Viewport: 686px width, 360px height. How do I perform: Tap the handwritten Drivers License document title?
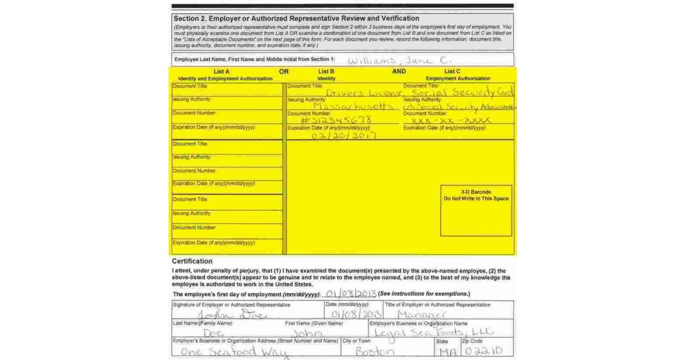coord(364,93)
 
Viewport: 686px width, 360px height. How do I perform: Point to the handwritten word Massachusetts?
coord(354,107)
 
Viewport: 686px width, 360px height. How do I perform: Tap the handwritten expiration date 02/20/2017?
coord(344,135)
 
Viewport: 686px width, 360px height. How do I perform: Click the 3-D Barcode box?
coord(476,210)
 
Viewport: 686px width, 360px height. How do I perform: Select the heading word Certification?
coord(192,261)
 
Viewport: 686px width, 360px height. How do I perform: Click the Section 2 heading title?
coord(296,18)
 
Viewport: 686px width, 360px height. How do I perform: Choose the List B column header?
coord(326,71)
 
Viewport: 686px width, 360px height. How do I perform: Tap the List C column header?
coord(453,71)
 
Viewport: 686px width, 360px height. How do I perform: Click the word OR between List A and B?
coord(284,71)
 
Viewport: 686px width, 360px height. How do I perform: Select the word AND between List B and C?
coord(399,71)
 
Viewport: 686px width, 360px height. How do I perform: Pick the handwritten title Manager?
coord(421,315)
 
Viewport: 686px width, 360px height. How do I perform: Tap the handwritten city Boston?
coord(375,351)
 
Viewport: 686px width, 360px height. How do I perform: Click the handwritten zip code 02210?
coord(484,351)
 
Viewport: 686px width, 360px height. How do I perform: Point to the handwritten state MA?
coord(448,351)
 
